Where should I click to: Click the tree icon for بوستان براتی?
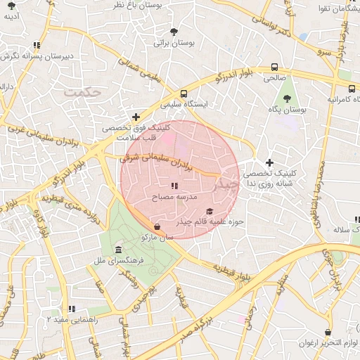click(174, 32)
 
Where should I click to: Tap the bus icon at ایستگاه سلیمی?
click(184, 94)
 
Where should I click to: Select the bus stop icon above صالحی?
click(274, 69)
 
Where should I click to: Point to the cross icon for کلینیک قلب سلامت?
click(136, 117)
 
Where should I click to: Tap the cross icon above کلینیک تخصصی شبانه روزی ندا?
click(269, 162)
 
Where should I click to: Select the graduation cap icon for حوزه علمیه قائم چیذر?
click(209, 211)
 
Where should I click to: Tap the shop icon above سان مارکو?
click(157, 226)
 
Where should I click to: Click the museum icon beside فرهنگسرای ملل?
click(117, 250)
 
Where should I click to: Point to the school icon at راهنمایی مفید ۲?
click(71, 309)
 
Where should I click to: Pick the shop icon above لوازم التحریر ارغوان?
click(328, 332)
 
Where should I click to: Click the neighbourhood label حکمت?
click(82, 91)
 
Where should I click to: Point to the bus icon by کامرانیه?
click(351, 89)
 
